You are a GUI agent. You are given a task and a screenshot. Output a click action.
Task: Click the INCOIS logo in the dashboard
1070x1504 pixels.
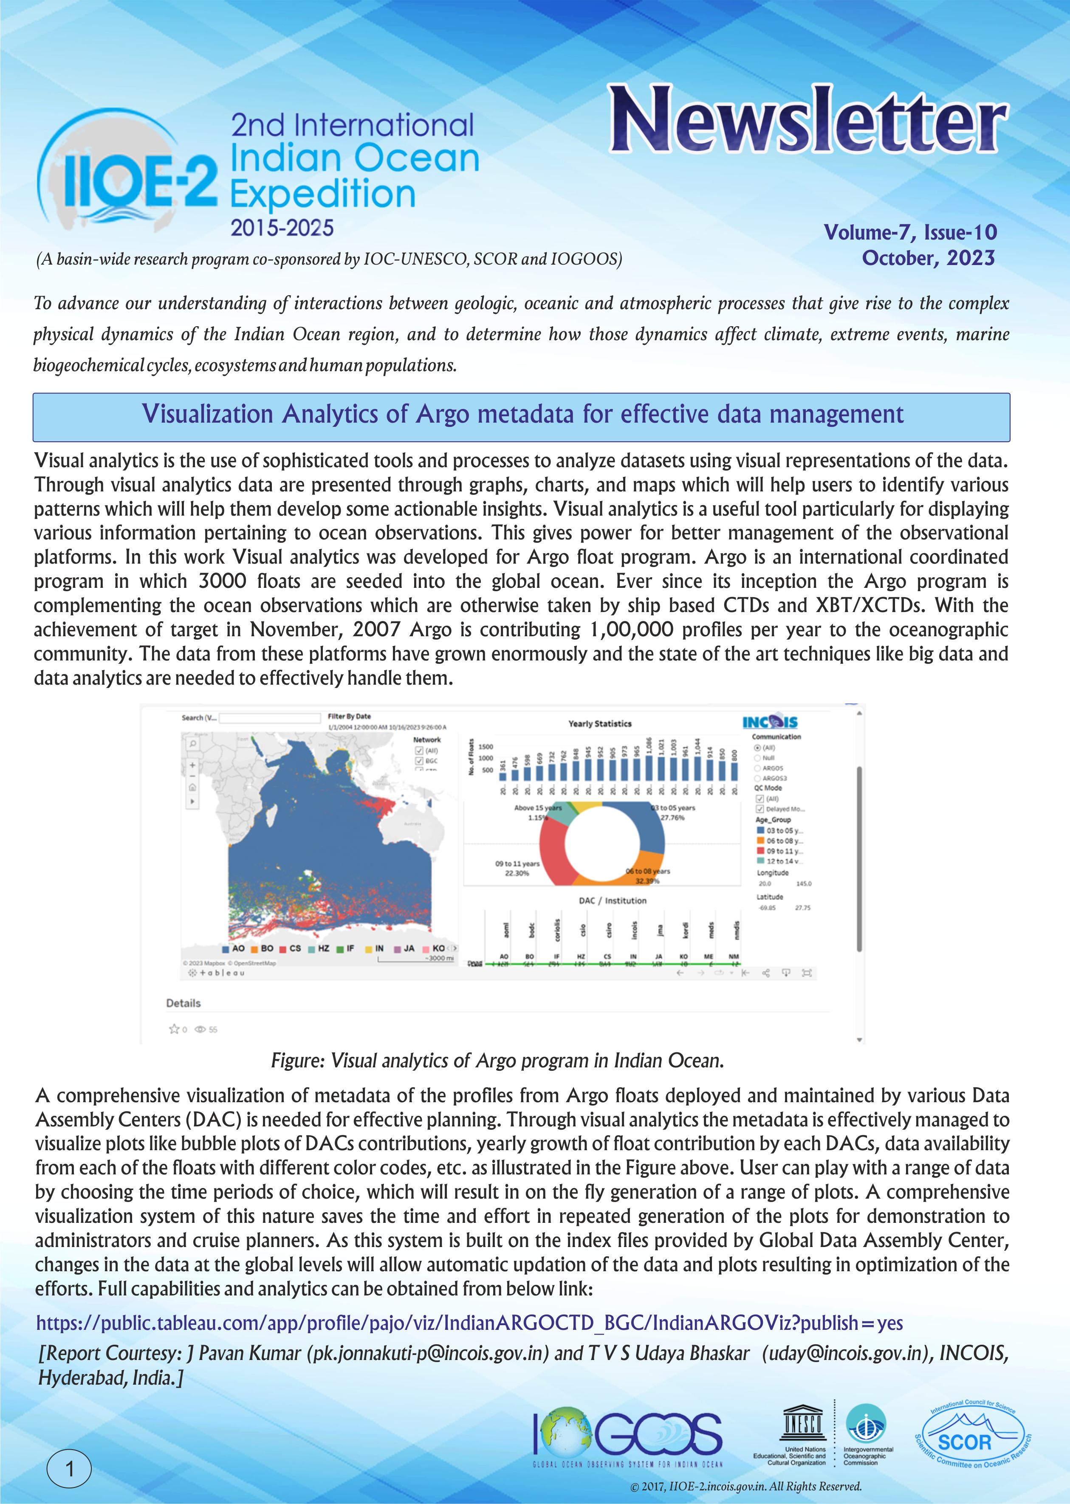[770, 722]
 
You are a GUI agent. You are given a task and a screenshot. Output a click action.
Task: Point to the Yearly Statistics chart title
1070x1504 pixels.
[600, 723]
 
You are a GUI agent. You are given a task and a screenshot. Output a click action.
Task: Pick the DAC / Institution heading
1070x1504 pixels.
[612, 900]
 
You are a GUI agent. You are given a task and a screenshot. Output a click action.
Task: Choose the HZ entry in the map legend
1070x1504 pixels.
[319, 948]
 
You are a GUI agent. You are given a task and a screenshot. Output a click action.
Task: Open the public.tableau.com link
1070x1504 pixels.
[469, 1322]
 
